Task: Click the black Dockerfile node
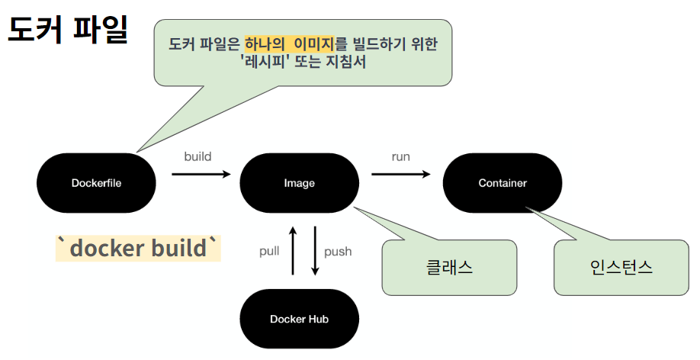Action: tap(96, 183)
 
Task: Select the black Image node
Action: tap(299, 183)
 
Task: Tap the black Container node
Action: tap(503, 183)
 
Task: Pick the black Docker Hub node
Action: tap(299, 319)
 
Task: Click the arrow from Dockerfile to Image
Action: tap(201, 175)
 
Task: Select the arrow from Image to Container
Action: tap(401, 175)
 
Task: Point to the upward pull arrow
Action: tap(292, 250)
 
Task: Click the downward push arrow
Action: tap(314, 250)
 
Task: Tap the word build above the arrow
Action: tap(197, 156)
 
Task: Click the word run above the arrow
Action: tap(400, 156)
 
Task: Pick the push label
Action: tap(338, 251)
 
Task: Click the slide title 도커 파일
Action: tap(67, 31)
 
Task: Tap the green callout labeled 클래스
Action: tap(449, 267)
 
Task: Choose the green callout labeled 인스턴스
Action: tap(621, 267)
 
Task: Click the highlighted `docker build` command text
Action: tap(137, 248)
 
